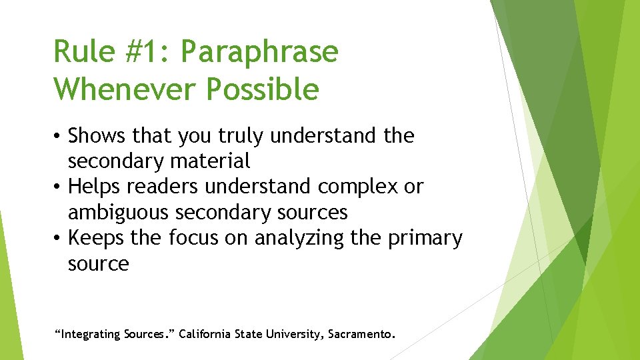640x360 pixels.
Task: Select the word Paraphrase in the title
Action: pyautogui.click(x=259, y=52)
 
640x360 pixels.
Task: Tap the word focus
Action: pyautogui.click(x=193, y=238)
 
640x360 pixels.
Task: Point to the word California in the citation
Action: pyautogui.click(x=205, y=333)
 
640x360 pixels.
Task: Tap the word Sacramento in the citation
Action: pyautogui.click(x=361, y=333)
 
